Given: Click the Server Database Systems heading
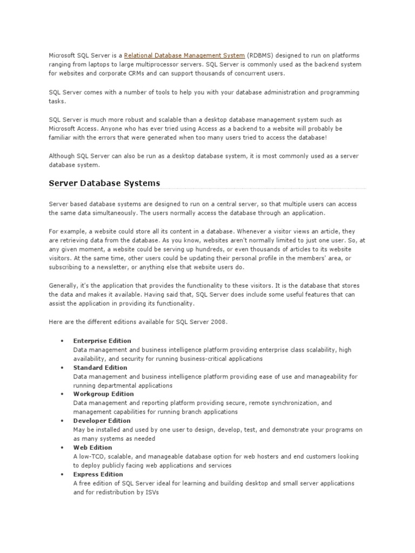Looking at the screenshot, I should (104, 183).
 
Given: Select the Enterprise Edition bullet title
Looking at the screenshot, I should (102, 341).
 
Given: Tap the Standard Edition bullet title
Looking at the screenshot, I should (100, 368).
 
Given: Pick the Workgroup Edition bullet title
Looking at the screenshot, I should (103, 394).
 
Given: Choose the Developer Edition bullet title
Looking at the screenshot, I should (102, 421).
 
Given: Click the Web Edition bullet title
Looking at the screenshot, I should (92, 448).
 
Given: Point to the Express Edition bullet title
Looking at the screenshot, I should (97, 474).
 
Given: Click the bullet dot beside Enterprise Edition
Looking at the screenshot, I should (63, 341).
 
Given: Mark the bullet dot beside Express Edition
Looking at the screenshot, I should (63, 475).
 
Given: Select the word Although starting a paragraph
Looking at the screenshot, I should (63, 156).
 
